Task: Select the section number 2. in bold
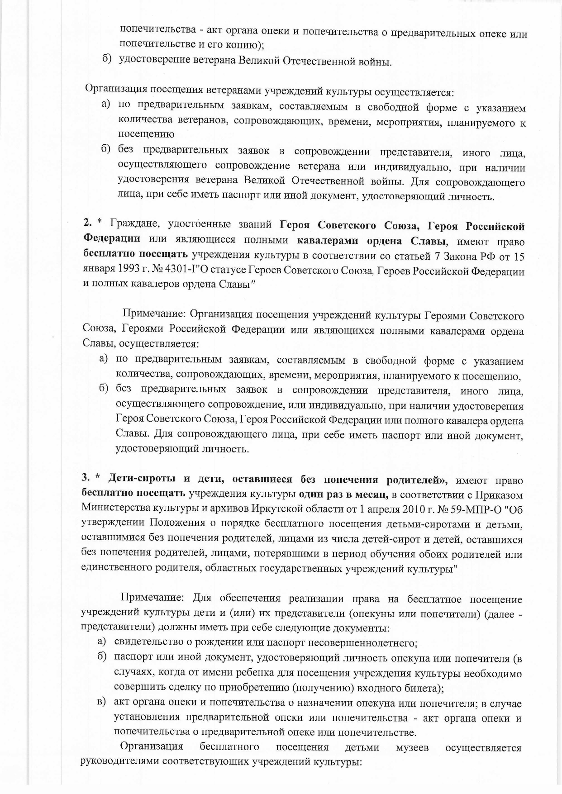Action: pyautogui.click(x=87, y=224)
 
